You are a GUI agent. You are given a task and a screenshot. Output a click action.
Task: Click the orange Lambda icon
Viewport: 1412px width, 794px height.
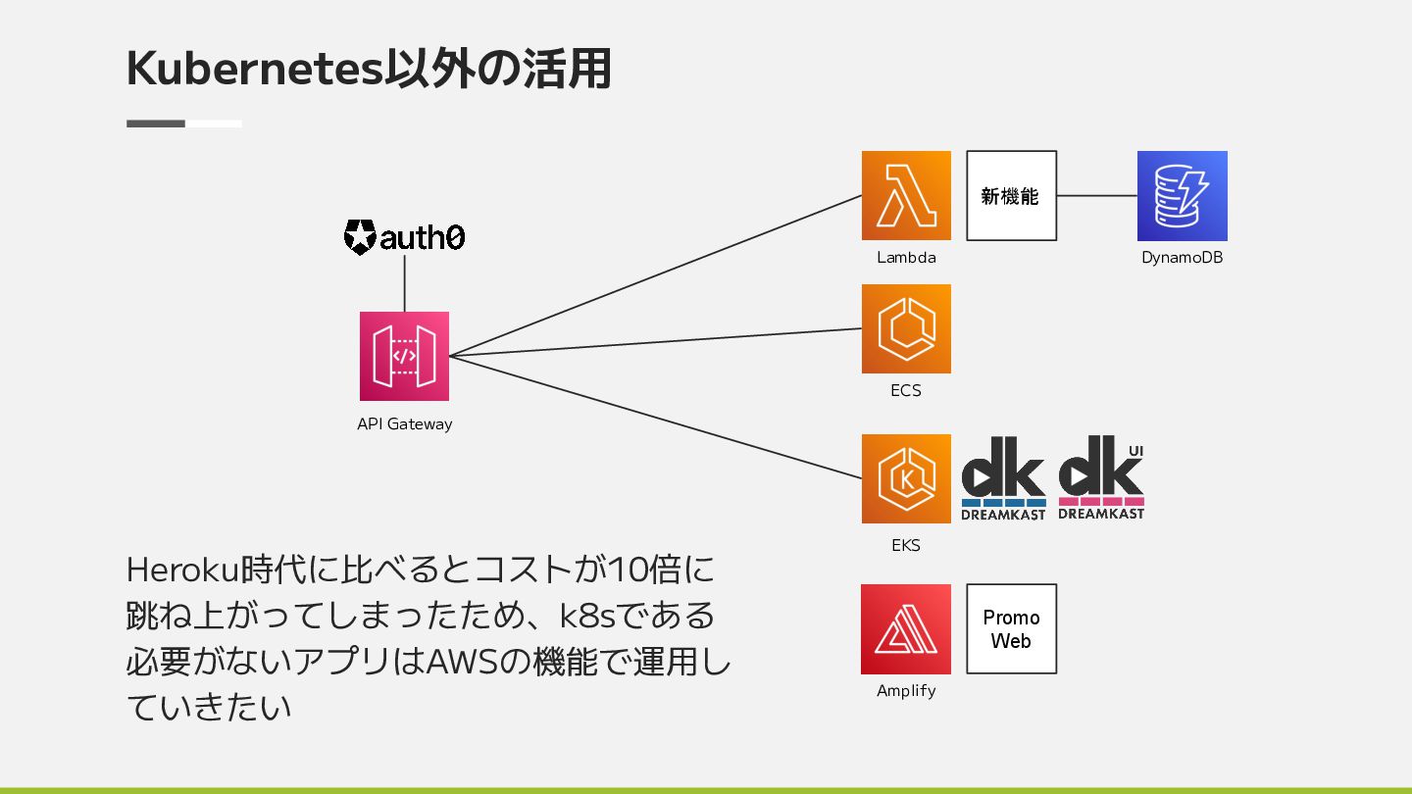tap(906, 195)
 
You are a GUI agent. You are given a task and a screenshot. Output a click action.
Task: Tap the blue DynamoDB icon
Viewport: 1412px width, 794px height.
tap(1182, 195)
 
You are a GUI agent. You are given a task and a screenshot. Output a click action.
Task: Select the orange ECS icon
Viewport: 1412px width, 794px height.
tap(906, 328)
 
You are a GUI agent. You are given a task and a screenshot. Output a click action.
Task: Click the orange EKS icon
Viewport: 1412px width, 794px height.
tap(906, 478)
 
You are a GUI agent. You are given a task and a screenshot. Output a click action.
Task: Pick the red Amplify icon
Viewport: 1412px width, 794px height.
tap(906, 629)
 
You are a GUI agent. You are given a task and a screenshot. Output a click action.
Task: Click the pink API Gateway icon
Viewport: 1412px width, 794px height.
tap(404, 356)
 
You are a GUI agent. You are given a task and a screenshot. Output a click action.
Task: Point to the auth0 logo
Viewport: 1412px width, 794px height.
tap(404, 237)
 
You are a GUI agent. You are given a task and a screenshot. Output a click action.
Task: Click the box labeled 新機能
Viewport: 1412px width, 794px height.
tap(1011, 195)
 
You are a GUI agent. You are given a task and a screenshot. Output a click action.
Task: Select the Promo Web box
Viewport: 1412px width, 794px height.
tap(1011, 629)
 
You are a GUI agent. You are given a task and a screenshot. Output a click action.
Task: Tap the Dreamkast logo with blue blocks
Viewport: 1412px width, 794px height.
tap(1003, 478)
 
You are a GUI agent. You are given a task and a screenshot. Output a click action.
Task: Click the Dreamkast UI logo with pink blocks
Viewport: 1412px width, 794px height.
tap(1101, 478)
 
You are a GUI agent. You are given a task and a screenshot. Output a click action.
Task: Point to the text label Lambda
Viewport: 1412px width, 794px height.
tap(906, 258)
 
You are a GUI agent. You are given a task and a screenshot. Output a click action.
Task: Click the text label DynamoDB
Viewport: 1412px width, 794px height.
tap(1182, 258)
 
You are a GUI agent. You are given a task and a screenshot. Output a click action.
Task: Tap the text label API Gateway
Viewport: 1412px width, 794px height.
tap(404, 424)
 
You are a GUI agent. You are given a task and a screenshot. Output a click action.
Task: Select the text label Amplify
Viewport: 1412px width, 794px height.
tap(906, 691)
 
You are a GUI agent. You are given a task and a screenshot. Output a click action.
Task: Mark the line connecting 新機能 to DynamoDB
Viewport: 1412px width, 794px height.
tap(1096, 195)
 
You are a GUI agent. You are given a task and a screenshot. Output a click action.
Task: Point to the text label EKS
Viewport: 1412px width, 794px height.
tap(906, 545)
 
